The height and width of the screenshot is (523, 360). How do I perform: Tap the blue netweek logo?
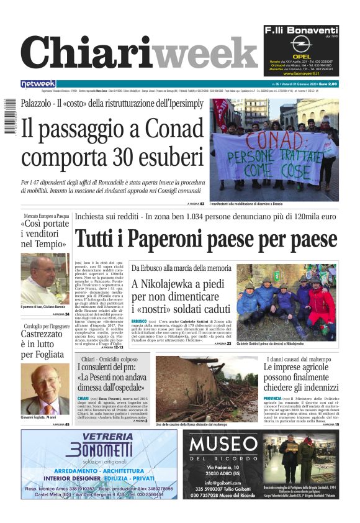click(38, 84)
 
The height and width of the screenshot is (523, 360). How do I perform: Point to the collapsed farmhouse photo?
click(205, 388)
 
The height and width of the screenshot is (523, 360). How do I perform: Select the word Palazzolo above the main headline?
click(40, 103)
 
